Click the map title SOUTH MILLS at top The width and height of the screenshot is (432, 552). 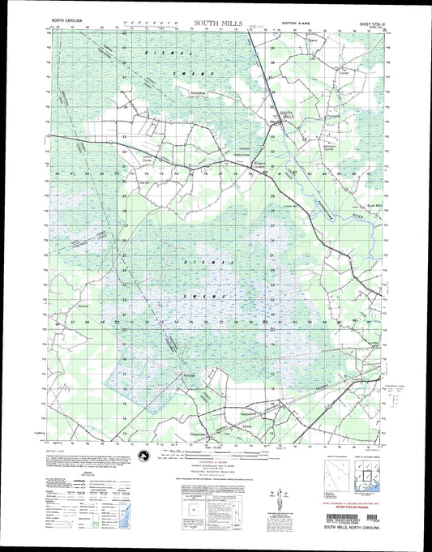217,24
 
